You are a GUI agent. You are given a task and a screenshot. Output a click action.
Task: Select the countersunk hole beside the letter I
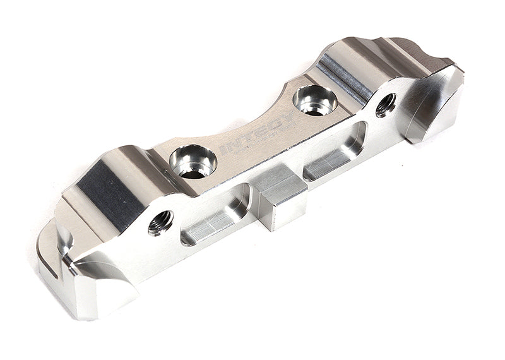[x=193, y=162]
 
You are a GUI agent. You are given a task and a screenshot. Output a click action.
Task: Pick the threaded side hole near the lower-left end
[x=160, y=222]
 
